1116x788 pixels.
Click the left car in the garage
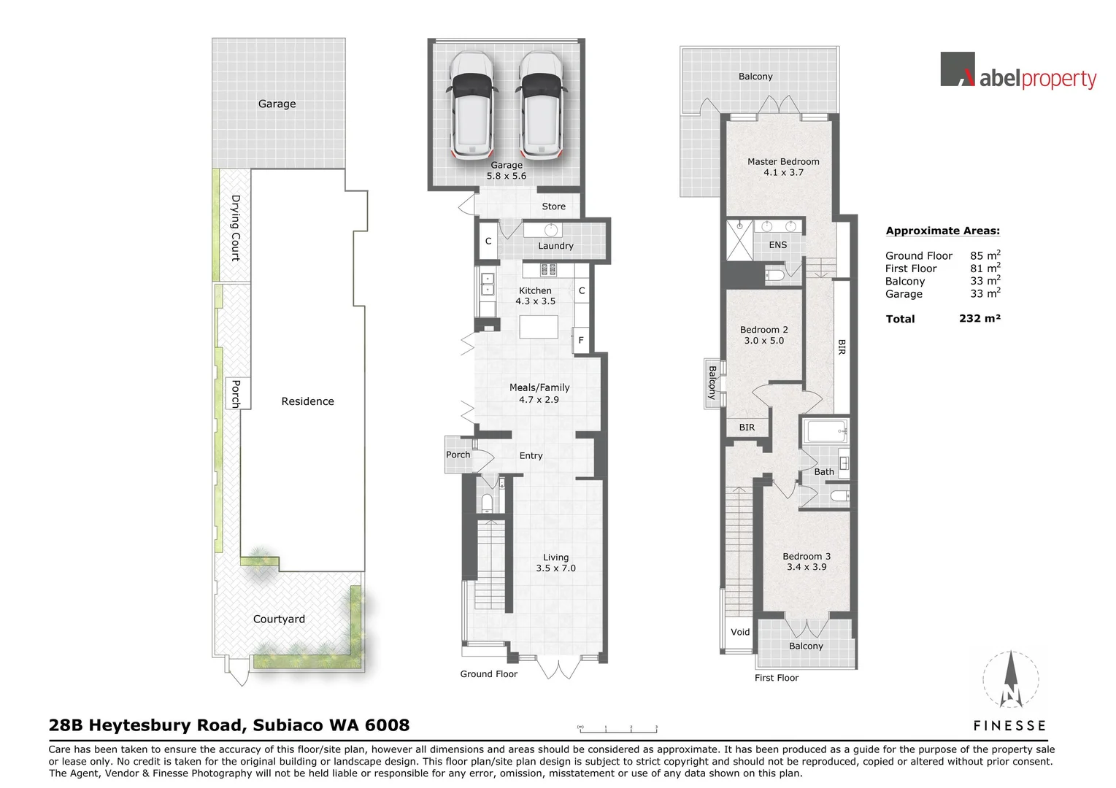472,104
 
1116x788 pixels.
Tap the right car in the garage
541,104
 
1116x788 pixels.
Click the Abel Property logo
1018,71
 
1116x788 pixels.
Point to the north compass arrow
1010,679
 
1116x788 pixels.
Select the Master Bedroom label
783,161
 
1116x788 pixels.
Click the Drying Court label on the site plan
236,228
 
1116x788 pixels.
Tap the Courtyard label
279,619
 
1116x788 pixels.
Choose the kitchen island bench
539,327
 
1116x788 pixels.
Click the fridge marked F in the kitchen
581,340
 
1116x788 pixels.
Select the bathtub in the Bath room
826,432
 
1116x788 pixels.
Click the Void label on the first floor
740,632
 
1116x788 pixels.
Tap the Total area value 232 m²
980,318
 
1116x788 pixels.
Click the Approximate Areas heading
942,231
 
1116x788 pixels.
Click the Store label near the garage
553,206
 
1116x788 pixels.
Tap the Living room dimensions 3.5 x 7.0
555,568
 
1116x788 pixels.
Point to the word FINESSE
1009,725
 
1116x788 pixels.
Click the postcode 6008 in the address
387,725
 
